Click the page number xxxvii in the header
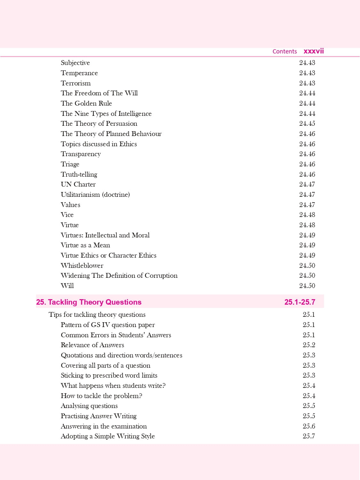pyautogui.click(x=313, y=51)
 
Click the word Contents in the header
pyautogui.click(x=284, y=52)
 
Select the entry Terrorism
pyautogui.click(x=76, y=83)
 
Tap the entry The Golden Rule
pyautogui.click(x=86, y=103)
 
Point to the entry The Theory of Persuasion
pyautogui.click(x=99, y=124)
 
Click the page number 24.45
pyautogui.click(x=307, y=124)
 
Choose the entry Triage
pyautogui.click(x=70, y=164)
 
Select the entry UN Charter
pyautogui.click(x=78, y=184)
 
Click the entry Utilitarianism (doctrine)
pyautogui.click(x=95, y=195)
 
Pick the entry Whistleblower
pyautogui.click(x=82, y=266)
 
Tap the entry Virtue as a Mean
pyautogui.click(x=85, y=245)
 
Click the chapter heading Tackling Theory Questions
pyautogui.click(x=89, y=302)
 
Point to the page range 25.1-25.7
pyautogui.click(x=300, y=302)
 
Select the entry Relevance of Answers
pyautogui.click(x=92, y=345)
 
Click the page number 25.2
pyautogui.click(x=308, y=345)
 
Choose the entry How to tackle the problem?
pyautogui.click(x=101, y=396)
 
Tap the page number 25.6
pyautogui.click(x=308, y=426)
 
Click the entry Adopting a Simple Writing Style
pyautogui.click(x=108, y=436)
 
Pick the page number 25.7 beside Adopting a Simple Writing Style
pyautogui.click(x=308, y=436)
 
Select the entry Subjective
pyautogui.click(x=75, y=63)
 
